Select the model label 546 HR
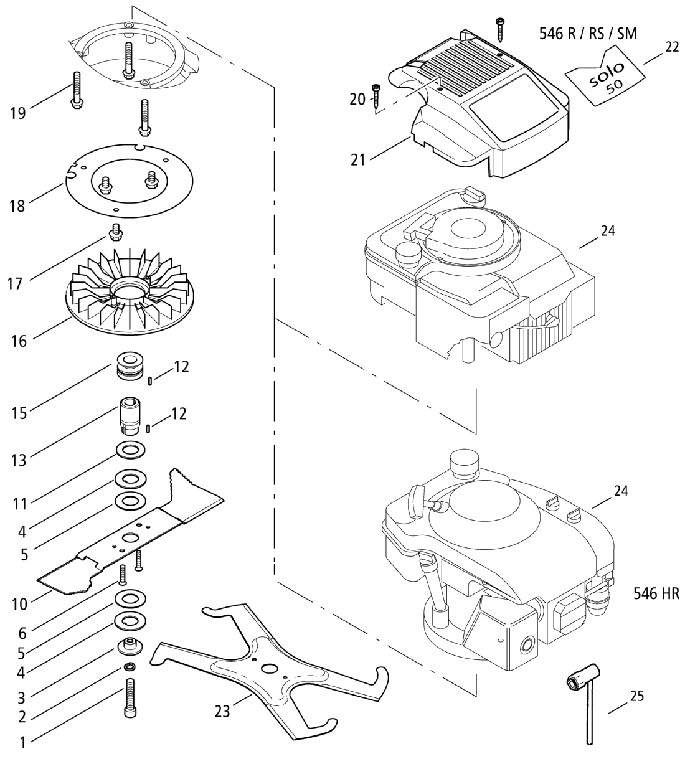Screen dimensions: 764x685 [x=656, y=593]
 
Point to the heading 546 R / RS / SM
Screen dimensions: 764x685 [x=588, y=34]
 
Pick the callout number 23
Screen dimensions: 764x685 [x=222, y=710]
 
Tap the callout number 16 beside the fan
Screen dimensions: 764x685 [x=19, y=341]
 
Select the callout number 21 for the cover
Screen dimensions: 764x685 [x=357, y=160]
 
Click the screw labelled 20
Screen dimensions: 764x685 [x=376, y=95]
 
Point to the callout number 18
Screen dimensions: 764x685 [x=17, y=206]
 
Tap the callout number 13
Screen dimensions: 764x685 [x=19, y=460]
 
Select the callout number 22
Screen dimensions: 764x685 [x=671, y=46]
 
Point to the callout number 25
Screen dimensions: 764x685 [x=636, y=696]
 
